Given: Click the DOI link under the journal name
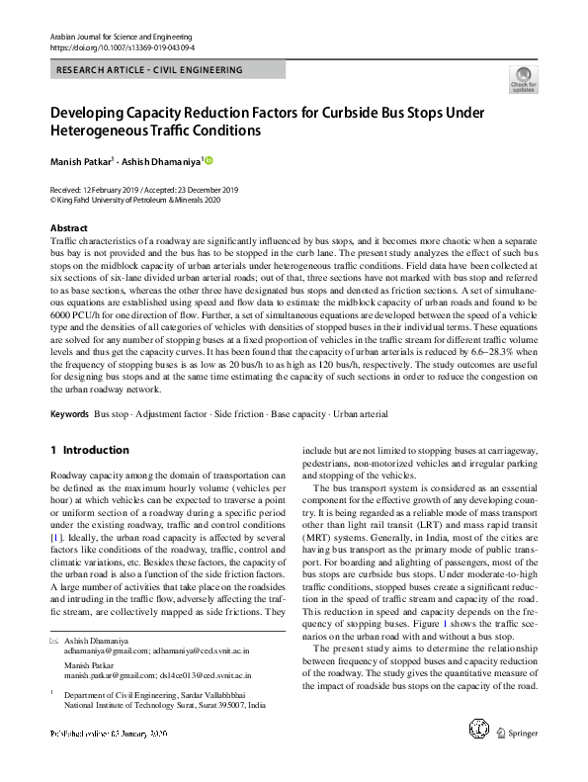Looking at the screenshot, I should pyautogui.click(x=123, y=46).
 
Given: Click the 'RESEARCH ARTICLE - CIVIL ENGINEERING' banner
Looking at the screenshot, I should pyautogui.click(x=149, y=70).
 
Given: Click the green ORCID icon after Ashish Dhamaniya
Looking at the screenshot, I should pyautogui.click(x=209, y=160).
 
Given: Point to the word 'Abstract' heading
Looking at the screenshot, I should pyautogui.click(x=70, y=227).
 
